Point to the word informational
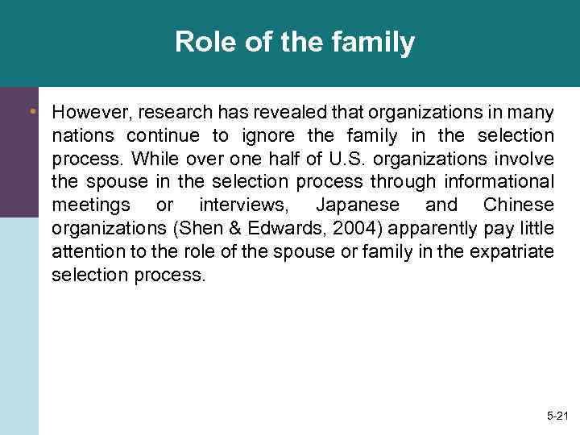coord(495,182)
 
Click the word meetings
coord(90,205)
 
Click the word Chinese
coord(518,205)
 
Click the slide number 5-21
coord(557,416)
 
